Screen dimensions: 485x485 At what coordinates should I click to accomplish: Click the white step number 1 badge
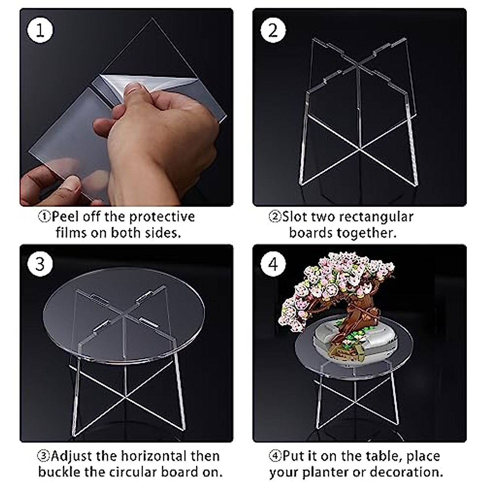pyautogui.click(x=40, y=30)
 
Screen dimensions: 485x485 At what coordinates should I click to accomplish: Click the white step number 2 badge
pyautogui.click(x=273, y=30)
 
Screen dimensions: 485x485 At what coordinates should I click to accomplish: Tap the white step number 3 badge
pyautogui.click(x=40, y=264)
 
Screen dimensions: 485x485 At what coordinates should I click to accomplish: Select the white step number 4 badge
pyautogui.click(x=273, y=264)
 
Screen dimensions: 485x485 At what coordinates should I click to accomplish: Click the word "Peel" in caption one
pyautogui.click(x=65, y=217)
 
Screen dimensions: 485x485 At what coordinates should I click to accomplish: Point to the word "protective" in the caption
pyautogui.click(x=162, y=217)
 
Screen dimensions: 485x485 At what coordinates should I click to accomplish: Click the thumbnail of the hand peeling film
pyautogui.click(x=127, y=107)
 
